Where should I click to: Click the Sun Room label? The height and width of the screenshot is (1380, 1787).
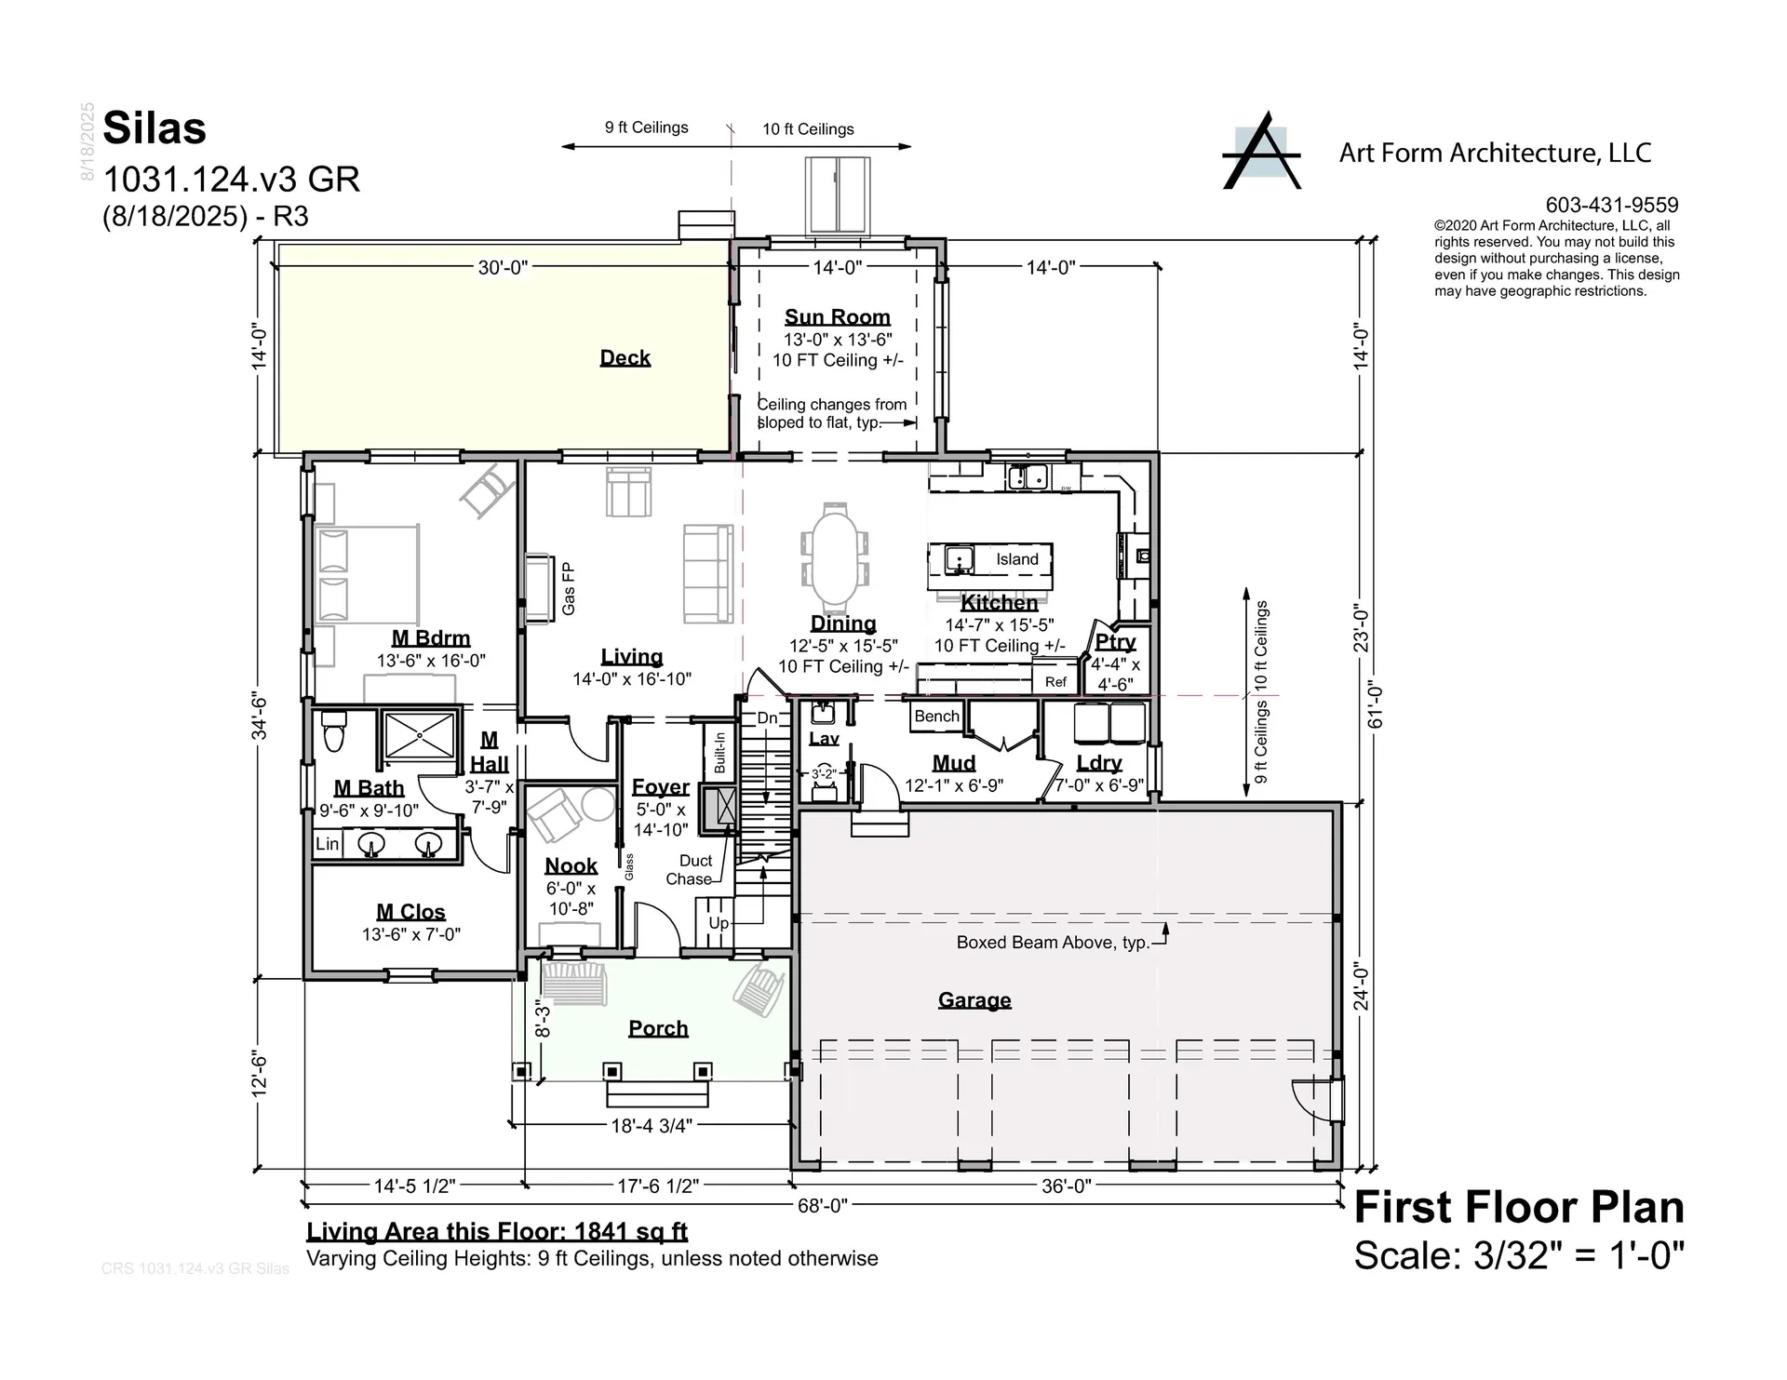pos(837,317)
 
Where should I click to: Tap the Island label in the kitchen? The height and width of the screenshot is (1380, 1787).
pos(1016,559)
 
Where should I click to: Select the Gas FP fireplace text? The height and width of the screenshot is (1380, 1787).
pos(568,588)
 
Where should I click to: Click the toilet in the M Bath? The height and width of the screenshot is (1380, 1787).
pos(334,731)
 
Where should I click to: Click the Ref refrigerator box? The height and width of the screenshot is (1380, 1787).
pos(1055,681)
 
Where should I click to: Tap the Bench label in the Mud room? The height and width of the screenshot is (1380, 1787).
pos(936,716)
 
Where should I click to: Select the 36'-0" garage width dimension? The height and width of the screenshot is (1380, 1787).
pos(1066,1186)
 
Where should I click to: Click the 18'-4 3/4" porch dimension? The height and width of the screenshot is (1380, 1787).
pos(652,1126)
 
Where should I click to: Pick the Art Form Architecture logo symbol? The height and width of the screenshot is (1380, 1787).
pos(1261,152)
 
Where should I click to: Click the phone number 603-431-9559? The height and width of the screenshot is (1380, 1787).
pos(1612,205)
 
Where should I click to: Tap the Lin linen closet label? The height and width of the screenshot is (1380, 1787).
pos(327,844)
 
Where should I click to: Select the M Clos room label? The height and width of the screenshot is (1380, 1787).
pos(410,912)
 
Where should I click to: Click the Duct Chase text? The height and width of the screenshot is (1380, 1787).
pos(692,870)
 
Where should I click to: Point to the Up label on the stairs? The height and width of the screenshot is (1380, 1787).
pos(719,923)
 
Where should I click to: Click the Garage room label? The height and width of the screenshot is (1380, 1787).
pos(974,1000)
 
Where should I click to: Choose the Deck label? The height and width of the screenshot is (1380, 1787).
pos(625,358)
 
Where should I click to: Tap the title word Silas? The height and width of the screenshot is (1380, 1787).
pos(155,128)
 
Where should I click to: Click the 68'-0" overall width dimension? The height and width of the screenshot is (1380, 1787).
pos(822,1206)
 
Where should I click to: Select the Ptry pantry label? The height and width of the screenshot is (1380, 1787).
pos(1115,642)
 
